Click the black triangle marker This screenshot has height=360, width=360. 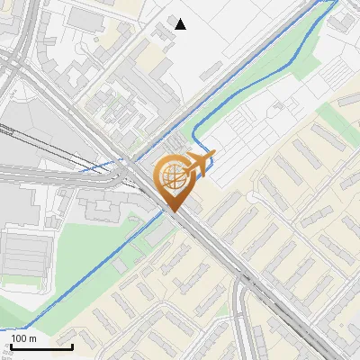(x=181, y=23)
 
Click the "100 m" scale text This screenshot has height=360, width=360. (x=23, y=338)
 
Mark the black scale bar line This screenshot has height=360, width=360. (x=41, y=346)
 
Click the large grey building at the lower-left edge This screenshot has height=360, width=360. (x=22, y=256)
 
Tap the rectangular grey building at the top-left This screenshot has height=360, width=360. (x=85, y=18)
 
